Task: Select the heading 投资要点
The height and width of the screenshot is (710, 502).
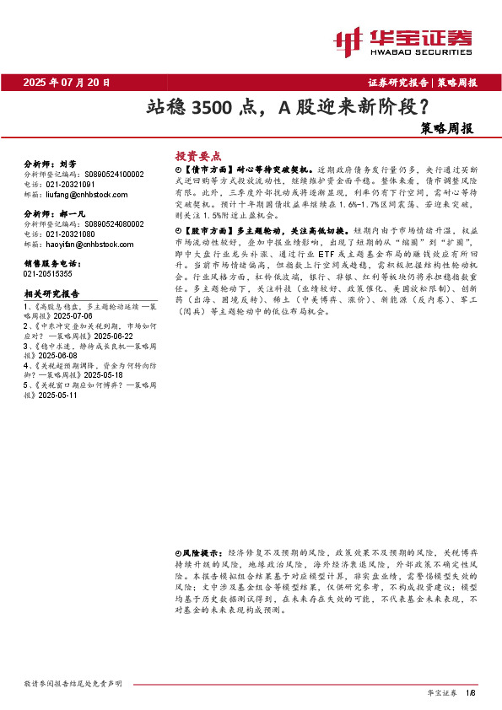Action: [x=197, y=156]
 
